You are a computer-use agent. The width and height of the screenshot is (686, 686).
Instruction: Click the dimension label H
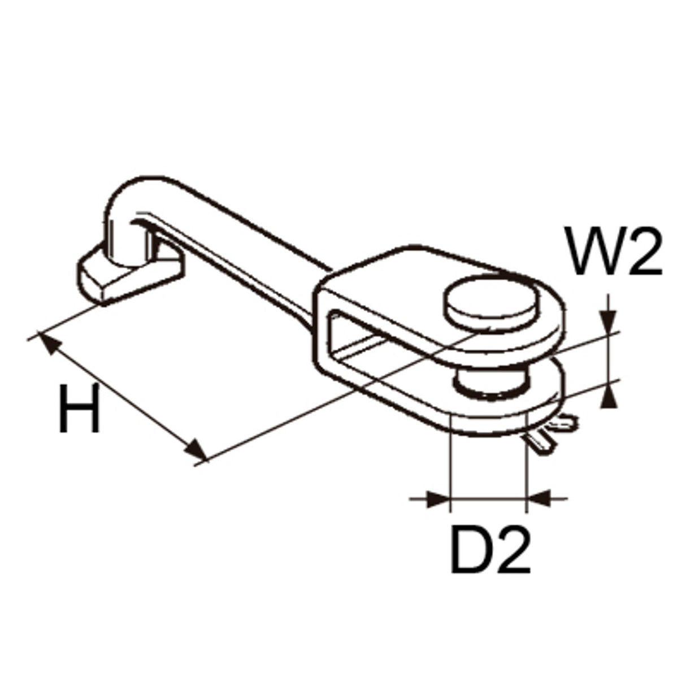tap(80, 408)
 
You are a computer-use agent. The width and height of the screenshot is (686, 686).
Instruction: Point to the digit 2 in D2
tap(512, 549)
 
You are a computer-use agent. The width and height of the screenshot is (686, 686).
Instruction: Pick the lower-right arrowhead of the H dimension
tap(195, 449)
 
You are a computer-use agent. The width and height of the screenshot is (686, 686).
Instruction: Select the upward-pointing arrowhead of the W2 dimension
tap(609, 396)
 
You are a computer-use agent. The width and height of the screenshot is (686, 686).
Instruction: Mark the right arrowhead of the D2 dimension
tap(539, 499)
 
